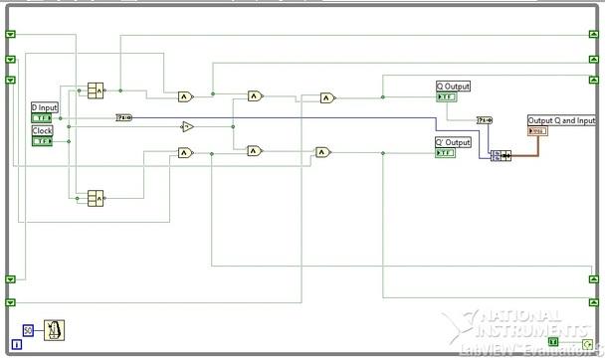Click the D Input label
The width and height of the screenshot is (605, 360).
coord(46,105)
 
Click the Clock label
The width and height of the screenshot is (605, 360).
coord(43,130)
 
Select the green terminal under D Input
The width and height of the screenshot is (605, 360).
coord(43,117)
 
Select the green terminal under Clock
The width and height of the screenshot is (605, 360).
coord(43,141)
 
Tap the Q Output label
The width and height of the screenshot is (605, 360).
coord(454,87)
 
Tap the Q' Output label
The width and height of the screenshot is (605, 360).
coord(454,142)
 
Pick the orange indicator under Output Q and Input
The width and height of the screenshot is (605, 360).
coord(537,131)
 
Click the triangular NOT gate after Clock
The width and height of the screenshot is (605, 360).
coord(187,126)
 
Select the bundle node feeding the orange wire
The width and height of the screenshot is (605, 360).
coord(501,155)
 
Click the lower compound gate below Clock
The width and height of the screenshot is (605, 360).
coord(97,198)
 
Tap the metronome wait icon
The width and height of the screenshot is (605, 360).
coord(57,329)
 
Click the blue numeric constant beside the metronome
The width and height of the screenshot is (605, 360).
coord(29,329)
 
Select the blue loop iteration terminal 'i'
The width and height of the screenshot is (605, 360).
coord(17,344)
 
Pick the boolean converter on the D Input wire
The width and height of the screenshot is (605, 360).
coord(124,117)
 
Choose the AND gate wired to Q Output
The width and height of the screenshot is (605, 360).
coord(327,97)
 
